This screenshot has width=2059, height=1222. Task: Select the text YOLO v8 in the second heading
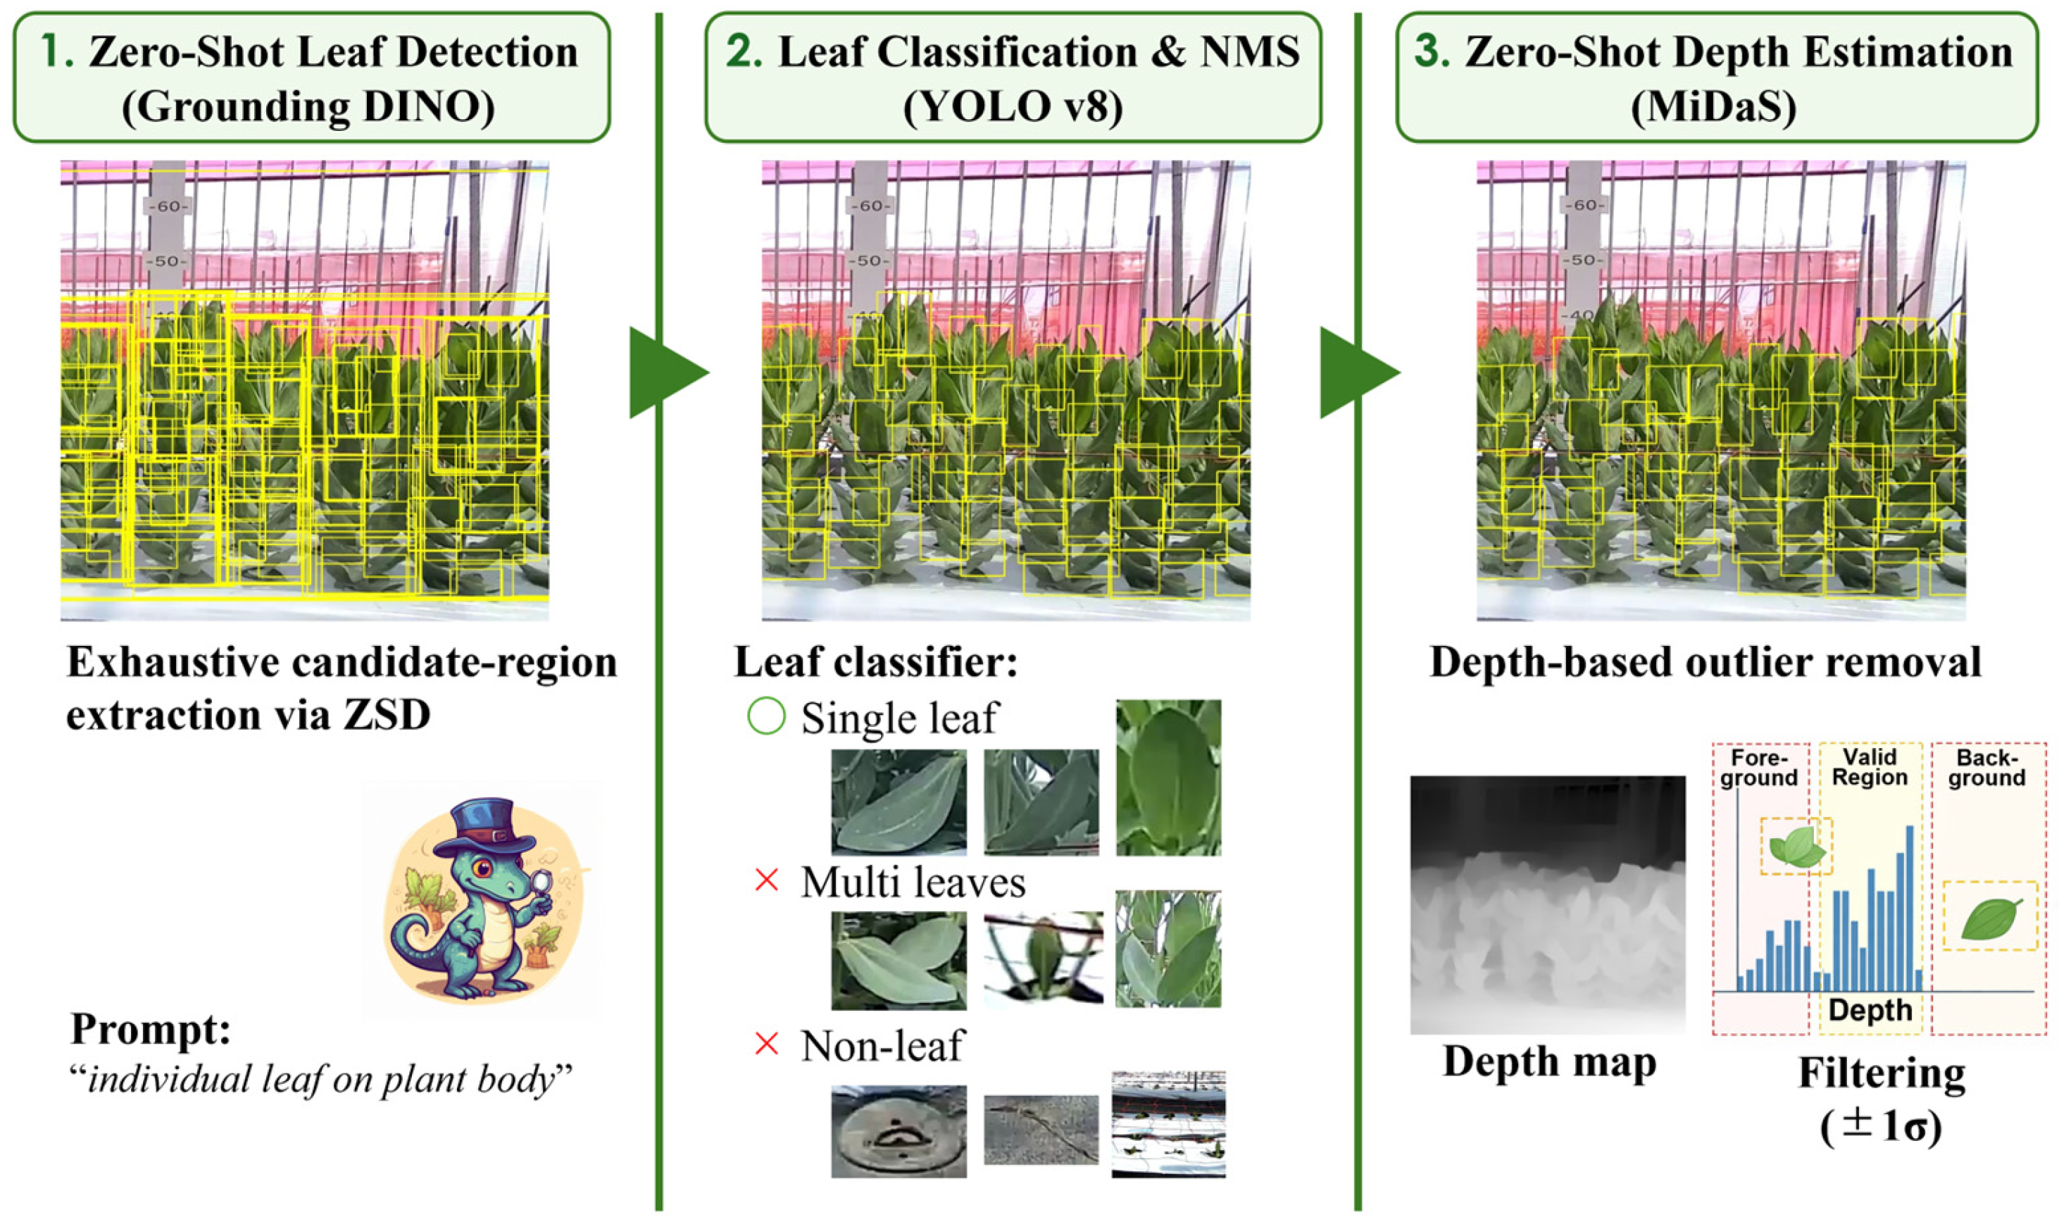click(x=1012, y=107)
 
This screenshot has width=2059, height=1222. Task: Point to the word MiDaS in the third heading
click(x=1713, y=107)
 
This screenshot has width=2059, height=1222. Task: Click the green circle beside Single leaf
click(x=765, y=716)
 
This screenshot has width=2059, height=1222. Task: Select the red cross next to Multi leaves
click(x=765, y=881)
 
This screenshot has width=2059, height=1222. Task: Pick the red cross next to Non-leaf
click(x=765, y=1044)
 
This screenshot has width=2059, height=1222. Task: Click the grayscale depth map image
click(x=1547, y=904)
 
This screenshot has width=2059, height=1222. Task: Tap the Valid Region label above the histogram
click(x=1869, y=768)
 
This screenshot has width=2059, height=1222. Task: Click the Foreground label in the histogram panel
click(x=1758, y=768)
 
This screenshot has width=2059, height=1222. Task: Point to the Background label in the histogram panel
click(x=1986, y=768)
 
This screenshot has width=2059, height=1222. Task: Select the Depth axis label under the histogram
click(x=1869, y=1009)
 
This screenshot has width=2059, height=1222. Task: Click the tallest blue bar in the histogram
click(x=1909, y=906)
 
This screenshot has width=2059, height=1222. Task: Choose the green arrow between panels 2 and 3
click(x=1357, y=372)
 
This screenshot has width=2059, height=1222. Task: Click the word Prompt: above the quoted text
click(x=150, y=1028)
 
